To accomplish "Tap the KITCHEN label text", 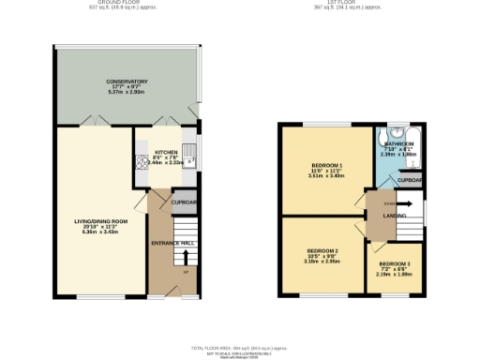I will [x=166, y=150].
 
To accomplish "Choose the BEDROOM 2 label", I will [x=322, y=251].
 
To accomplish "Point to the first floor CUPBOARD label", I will [x=411, y=180].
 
